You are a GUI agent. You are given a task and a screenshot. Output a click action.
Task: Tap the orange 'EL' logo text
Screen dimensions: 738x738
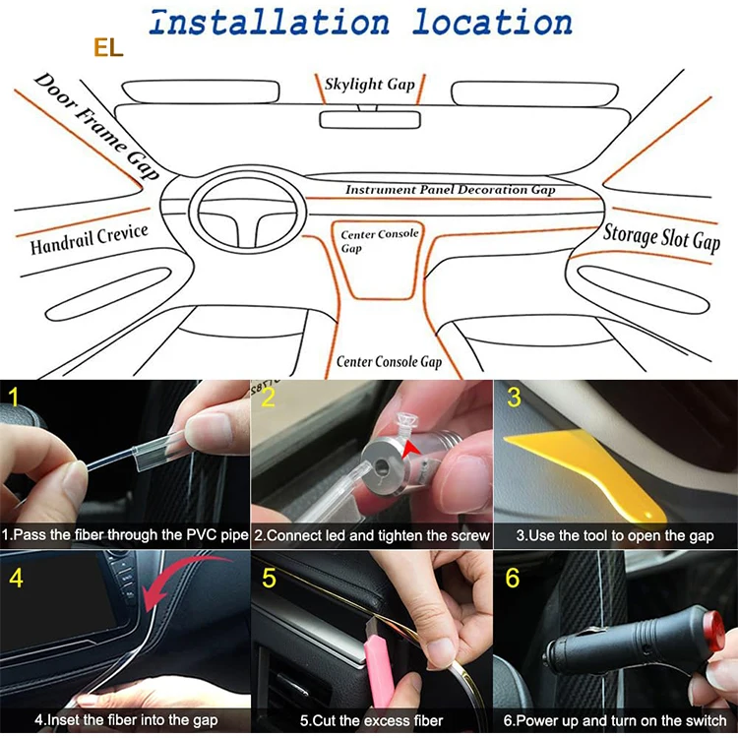pyautogui.click(x=108, y=48)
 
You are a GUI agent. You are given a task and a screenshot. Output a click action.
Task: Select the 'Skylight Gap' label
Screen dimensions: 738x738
pyautogui.click(x=370, y=85)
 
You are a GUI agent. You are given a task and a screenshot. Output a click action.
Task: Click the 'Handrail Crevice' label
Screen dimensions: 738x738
pyautogui.click(x=89, y=239)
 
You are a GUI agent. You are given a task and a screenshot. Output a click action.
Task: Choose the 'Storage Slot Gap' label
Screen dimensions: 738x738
pyautogui.click(x=661, y=235)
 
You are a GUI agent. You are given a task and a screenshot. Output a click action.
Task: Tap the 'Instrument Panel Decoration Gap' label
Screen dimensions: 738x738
pyautogui.click(x=450, y=189)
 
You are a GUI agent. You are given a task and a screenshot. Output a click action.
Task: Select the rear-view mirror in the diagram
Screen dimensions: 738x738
pyautogui.click(x=370, y=120)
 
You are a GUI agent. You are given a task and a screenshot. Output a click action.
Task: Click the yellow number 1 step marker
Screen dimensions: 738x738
pyautogui.click(x=13, y=398)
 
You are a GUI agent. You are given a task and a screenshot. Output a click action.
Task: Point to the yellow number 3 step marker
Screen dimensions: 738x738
pyautogui.click(x=513, y=398)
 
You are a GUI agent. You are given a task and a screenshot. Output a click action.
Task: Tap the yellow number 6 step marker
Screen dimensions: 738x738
pyautogui.click(x=512, y=578)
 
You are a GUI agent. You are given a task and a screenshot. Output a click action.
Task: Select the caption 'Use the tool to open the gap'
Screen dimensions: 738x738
pyautogui.click(x=615, y=536)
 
